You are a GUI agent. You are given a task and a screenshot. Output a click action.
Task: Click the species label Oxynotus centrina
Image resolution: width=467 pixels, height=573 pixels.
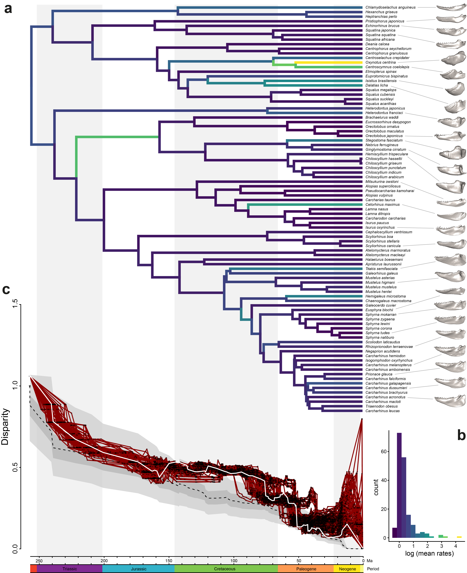[380, 62]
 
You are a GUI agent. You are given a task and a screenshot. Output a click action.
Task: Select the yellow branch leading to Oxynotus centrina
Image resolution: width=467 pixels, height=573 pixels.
[328, 62]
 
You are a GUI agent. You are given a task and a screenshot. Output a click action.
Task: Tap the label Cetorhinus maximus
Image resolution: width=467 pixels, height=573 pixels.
[382, 205]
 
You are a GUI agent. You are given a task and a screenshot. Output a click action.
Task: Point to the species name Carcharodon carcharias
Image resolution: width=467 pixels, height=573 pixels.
[385, 218]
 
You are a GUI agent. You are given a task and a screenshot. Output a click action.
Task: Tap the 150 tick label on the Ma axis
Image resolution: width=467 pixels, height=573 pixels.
[169, 561]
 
